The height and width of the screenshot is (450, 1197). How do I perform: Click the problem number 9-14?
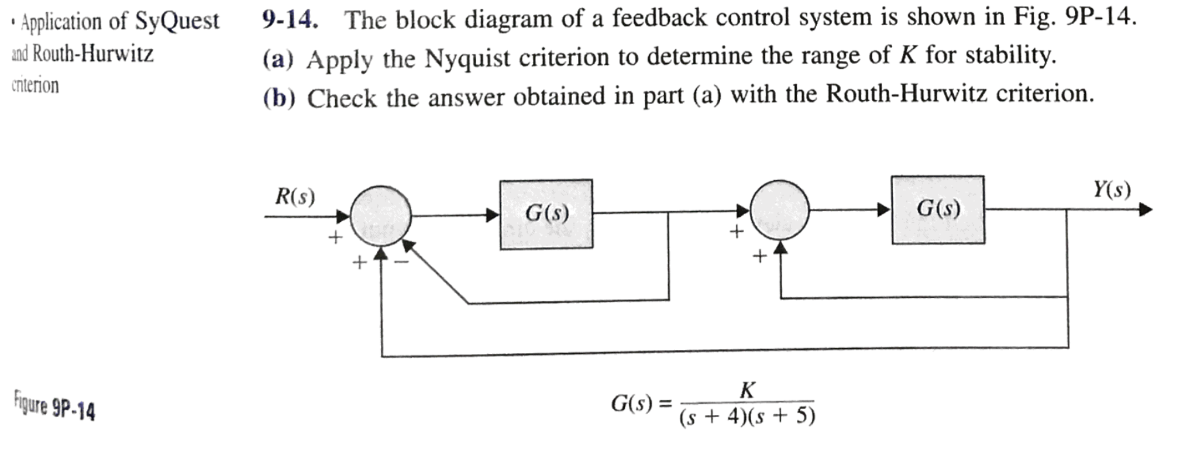(290, 20)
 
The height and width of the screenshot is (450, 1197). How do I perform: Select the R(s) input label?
(295, 197)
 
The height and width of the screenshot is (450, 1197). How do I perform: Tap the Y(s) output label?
(1112, 190)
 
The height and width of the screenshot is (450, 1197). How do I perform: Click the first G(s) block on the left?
(546, 214)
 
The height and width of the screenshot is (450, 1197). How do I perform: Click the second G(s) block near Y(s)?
(938, 209)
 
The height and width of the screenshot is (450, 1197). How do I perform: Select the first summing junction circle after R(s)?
(381, 217)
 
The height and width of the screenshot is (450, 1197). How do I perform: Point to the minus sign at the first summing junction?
(400, 262)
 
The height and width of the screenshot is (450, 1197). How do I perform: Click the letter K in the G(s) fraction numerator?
(747, 390)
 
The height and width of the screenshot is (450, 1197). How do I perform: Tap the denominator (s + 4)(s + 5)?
(747, 417)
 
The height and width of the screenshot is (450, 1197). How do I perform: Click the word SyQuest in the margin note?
(177, 21)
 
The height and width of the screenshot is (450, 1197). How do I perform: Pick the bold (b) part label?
(278, 98)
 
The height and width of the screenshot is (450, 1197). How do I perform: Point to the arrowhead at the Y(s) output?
(1145, 209)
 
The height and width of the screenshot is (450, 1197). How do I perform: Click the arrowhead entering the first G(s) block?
(493, 215)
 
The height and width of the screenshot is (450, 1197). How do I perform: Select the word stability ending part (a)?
(1010, 56)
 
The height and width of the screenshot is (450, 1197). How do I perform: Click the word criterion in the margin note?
(35, 85)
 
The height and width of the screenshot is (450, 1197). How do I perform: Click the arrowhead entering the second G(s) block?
(884, 209)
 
